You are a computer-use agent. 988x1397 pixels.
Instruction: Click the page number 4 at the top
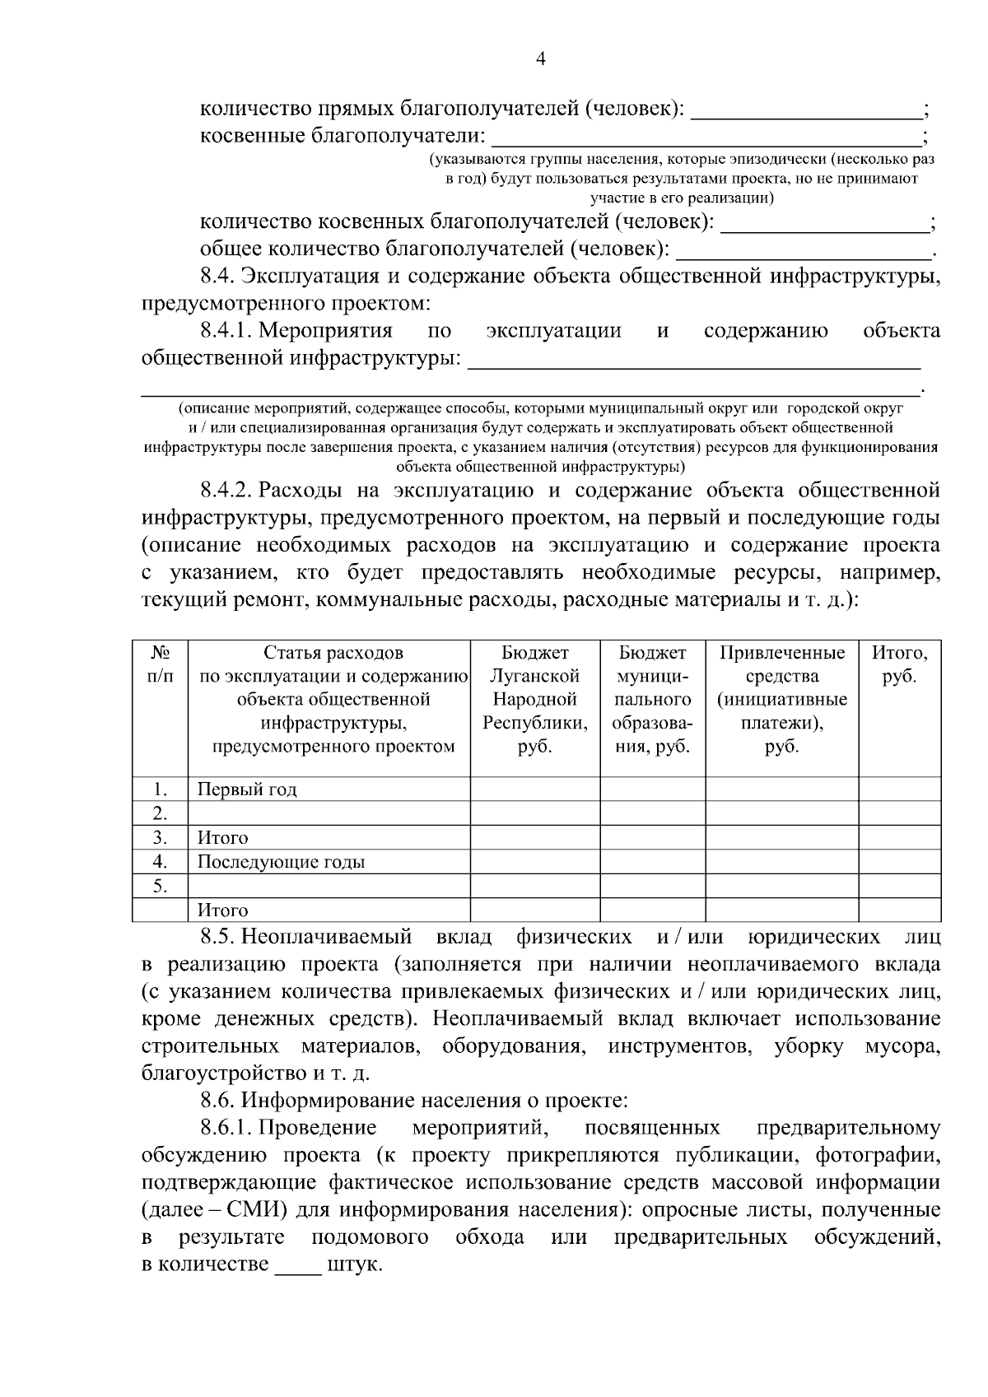tap(541, 58)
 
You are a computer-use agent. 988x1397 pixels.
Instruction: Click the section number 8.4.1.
tap(226, 331)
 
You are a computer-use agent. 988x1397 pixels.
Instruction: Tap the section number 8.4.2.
tap(226, 491)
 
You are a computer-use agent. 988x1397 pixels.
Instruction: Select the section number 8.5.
tap(218, 937)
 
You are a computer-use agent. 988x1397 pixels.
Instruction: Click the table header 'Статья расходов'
tap(333, 653)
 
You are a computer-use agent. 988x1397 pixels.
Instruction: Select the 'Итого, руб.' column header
tap(899, 664)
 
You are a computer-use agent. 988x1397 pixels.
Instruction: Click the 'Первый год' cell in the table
tap(247, 789)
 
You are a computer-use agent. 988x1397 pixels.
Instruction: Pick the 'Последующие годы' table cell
tap(281, 862)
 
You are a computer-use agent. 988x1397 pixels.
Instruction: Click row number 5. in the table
tap(160, 887)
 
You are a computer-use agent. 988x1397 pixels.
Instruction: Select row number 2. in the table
tap(160, 813)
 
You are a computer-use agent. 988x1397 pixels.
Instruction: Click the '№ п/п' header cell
tap(161, 664)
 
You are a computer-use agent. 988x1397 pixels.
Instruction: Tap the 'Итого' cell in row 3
tap(222, 838)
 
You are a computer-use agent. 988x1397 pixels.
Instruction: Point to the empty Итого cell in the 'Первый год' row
tap(899, 789)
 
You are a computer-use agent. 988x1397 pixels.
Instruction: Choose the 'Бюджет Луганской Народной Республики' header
tap(534, 700)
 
